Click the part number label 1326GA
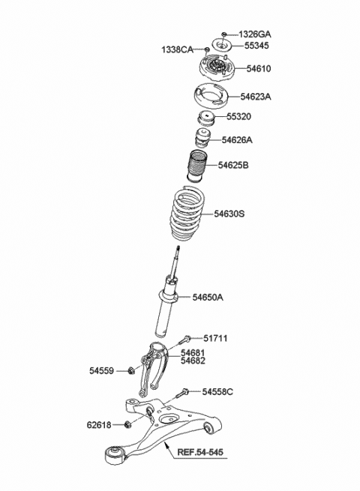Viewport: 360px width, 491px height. (255, 34)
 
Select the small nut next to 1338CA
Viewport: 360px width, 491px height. (207, 49)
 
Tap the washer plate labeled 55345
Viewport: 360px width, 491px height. (222, 44)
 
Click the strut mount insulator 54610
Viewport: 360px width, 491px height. (217, 68)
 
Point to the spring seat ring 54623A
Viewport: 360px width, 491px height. (211, 95)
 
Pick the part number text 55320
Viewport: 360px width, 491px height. (238, 116)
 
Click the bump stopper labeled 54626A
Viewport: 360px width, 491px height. (203, 138)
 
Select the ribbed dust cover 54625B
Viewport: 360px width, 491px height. (196, 166)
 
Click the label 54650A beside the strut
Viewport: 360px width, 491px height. (208, 297)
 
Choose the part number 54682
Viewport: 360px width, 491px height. (193, 361)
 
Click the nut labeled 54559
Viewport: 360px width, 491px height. (131, 370)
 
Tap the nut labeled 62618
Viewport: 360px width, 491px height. (127, 424)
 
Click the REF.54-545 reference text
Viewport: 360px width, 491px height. (200, 452)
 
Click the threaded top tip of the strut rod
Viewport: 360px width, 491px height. (178, 247)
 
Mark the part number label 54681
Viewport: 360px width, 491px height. (193, 353)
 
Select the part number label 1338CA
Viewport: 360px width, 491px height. (177, 49)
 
